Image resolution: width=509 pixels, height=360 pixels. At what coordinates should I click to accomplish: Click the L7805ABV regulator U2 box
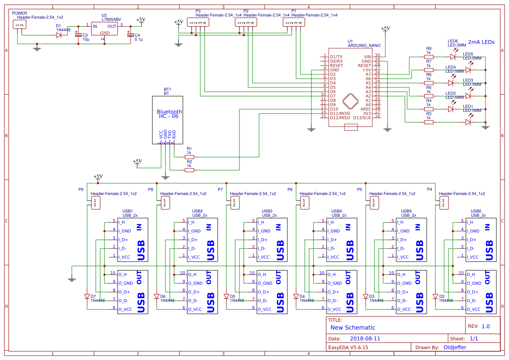click(104, 29)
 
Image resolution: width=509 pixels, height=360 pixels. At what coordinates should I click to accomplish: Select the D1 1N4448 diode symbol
click(59, 35)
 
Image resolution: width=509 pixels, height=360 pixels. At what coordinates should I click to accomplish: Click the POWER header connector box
click(19, 24)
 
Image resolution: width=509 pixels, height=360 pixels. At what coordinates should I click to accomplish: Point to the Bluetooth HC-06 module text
click(169, 114)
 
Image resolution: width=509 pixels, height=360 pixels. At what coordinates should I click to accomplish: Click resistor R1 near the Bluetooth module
click(189, 157)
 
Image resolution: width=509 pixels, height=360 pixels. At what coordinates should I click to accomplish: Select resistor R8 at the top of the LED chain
click(429, 57)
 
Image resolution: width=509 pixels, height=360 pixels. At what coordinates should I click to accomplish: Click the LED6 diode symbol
click(453, 57)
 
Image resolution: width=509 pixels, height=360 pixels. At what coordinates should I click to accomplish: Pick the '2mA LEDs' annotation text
click(481, 43)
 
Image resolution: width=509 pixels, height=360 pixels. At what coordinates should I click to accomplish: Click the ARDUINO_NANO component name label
click(364, 45)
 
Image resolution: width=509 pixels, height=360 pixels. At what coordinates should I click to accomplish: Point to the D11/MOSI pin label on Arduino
click(340, 113)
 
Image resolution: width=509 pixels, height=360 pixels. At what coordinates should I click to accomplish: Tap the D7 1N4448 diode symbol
click(87, 296)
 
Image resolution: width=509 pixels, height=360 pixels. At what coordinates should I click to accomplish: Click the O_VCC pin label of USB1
click(125, 310)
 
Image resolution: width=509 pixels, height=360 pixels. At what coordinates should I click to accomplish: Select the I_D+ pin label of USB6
click(473, 239)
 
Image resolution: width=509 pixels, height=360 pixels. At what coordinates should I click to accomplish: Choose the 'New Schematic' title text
click(353, 327)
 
